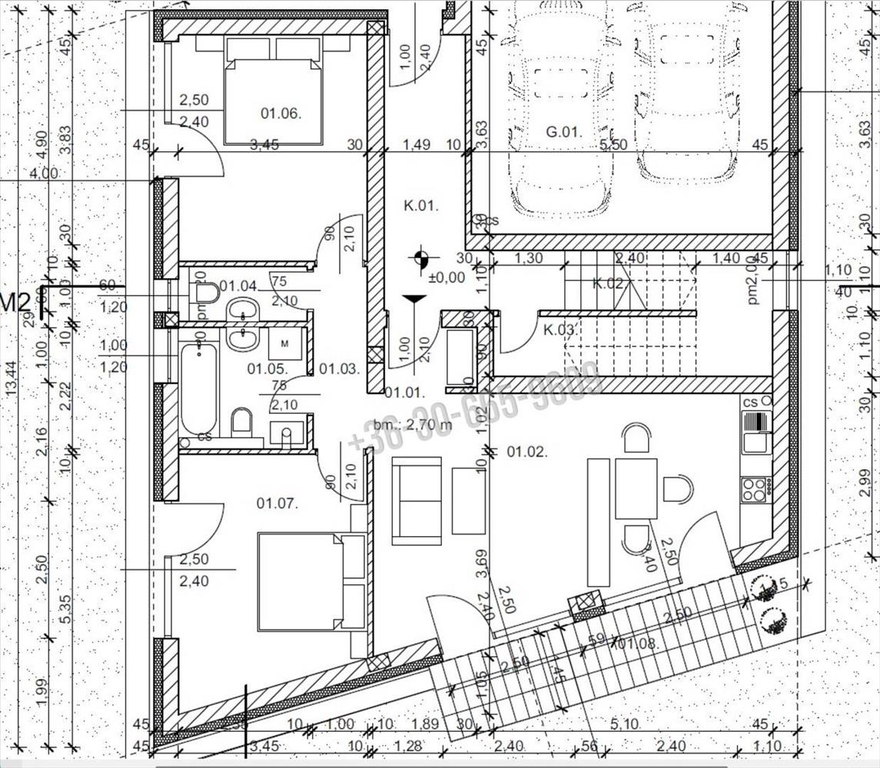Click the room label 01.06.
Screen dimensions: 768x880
pos(281,114)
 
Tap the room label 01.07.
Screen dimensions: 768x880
pos(277,504)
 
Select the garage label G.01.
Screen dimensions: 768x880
pos(565,131)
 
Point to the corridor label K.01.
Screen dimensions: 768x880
pos(420,205)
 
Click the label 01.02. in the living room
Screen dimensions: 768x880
pos(527,452)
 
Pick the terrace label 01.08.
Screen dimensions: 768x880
pos(636,643)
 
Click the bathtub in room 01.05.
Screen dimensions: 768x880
pos(198,389)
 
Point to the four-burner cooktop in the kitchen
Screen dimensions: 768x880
pos(755,489)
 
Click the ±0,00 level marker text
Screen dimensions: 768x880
pos(447,277)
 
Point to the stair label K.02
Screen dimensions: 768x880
pos(607,283)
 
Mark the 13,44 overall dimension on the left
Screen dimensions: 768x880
pos(10,380)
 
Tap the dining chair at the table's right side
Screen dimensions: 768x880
pos(677,488)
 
